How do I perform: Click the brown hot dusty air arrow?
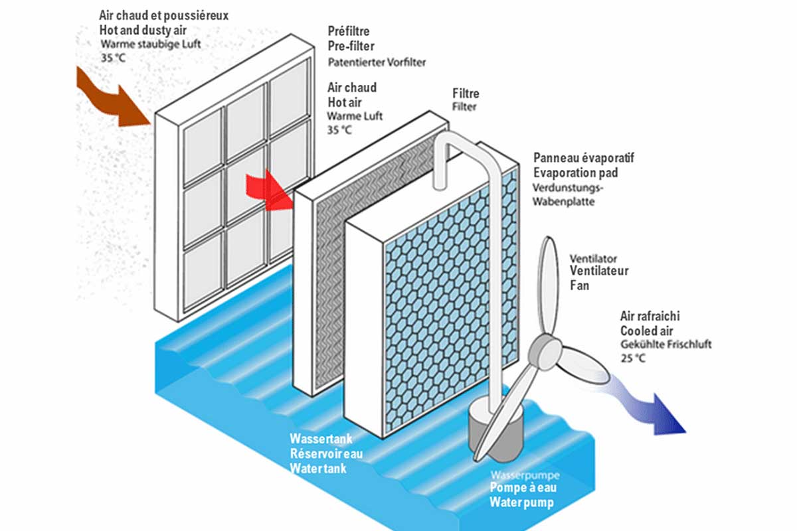click(114, 100)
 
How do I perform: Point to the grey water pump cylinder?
click(495, 430)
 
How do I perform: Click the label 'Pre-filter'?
click(351, 46)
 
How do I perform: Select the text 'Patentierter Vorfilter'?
click(377, 62)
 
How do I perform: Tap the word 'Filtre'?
click(466, 94)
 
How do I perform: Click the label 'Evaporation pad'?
click(576, 173)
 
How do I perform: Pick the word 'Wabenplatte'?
click(564, 202)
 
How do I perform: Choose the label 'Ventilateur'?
click(599, 271)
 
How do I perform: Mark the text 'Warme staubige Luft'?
click(151, 44)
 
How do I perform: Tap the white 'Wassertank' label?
click(321, 439)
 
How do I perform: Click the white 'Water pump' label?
click(521, 502)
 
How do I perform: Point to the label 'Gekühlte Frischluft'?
click(666, 344)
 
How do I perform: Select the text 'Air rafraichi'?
click(650, 316)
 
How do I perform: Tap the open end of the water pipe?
click(440, 185)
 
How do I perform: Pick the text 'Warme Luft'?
click(355, 116)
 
